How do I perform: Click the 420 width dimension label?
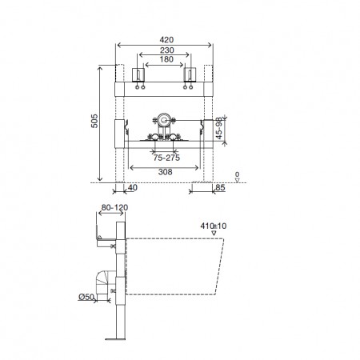click(x=166, y=40)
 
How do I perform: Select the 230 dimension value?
click(x=167, y=50)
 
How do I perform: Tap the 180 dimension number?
click(x=166, y=59)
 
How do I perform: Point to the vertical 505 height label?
click(x=94, y=121)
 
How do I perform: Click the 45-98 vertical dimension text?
click(x=219, y=128)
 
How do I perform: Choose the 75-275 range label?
click(x=166, y=158)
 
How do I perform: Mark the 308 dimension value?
click(x=166, y=172)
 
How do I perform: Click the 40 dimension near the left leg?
click(x=133, y=187)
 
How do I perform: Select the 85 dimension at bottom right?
click(x=220, y=187)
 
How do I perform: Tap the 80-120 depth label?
click(x=114, y=207)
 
